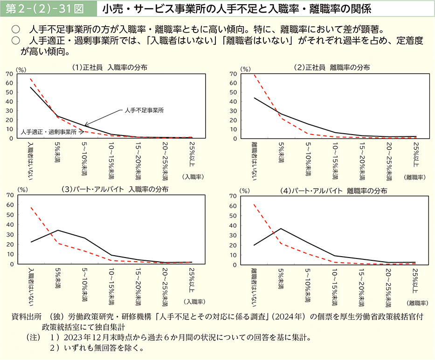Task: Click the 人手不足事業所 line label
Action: [142, 110]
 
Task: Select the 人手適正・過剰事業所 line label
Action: [48, 132]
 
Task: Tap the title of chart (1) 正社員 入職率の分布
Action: [110, 67]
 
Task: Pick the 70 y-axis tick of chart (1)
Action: [10, 74]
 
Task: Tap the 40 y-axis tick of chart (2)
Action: [233, 102]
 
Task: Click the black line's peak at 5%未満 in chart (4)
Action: [281, 229]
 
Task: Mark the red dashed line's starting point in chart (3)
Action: [31, 207]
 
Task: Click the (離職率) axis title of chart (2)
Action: [414, 177]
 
